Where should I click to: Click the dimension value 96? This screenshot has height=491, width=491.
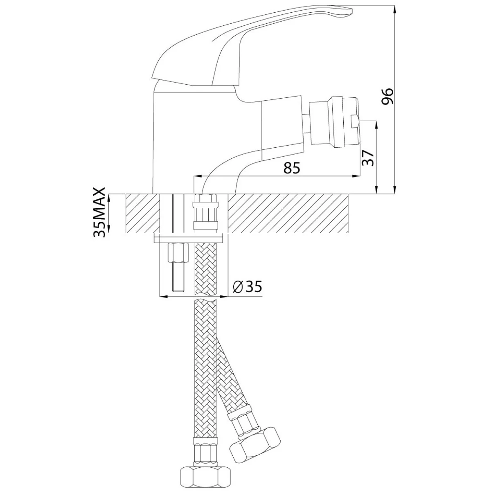tap(387, 96)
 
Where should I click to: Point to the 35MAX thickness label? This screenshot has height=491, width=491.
tap(100, 213)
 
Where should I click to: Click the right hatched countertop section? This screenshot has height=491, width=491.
tap(286, 214)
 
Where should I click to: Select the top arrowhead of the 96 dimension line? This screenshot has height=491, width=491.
tap(394, 9)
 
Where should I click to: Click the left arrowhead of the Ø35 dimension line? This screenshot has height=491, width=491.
tap(161, 296)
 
